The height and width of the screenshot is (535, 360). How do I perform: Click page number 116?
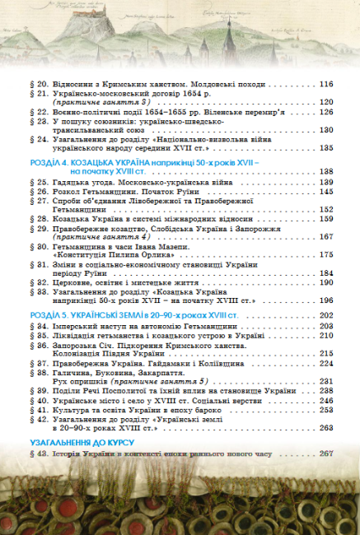pyautogui.click(x=325, y=84)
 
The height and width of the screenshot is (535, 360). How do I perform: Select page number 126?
pyautogui.click(x=325, y=111)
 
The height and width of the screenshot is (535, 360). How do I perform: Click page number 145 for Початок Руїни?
pyautogui.click(x=325, y=191)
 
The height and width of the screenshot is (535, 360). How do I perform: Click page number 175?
pyautogui.click(x=325, y=255)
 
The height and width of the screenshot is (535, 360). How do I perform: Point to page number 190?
pyautogui.click(x=325, y=282)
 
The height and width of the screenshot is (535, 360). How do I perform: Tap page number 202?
pyautogui.click(x=325, y=315)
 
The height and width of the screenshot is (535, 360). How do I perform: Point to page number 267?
pyautogui.click(x=325, y=454)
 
